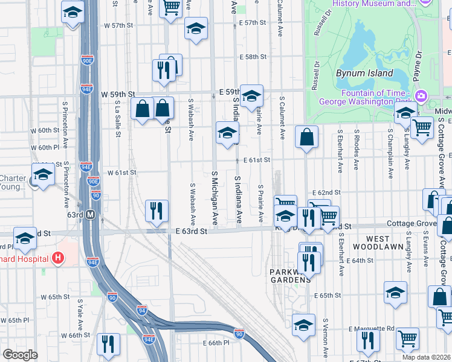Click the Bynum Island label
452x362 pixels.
[364, 74]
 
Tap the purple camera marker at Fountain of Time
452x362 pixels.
[421, 95]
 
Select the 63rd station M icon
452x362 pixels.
[90, 214]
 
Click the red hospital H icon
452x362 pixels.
[58, 258]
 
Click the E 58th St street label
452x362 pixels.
[253, 57]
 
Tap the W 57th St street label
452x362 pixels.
[118, 26]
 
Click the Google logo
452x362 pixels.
[20, 355]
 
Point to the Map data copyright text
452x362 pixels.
[426, 357]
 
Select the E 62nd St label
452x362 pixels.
[328, 192]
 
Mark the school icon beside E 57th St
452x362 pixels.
[196, 28]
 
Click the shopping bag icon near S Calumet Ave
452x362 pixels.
[306, 136]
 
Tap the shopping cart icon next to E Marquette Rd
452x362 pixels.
[408, 339]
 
